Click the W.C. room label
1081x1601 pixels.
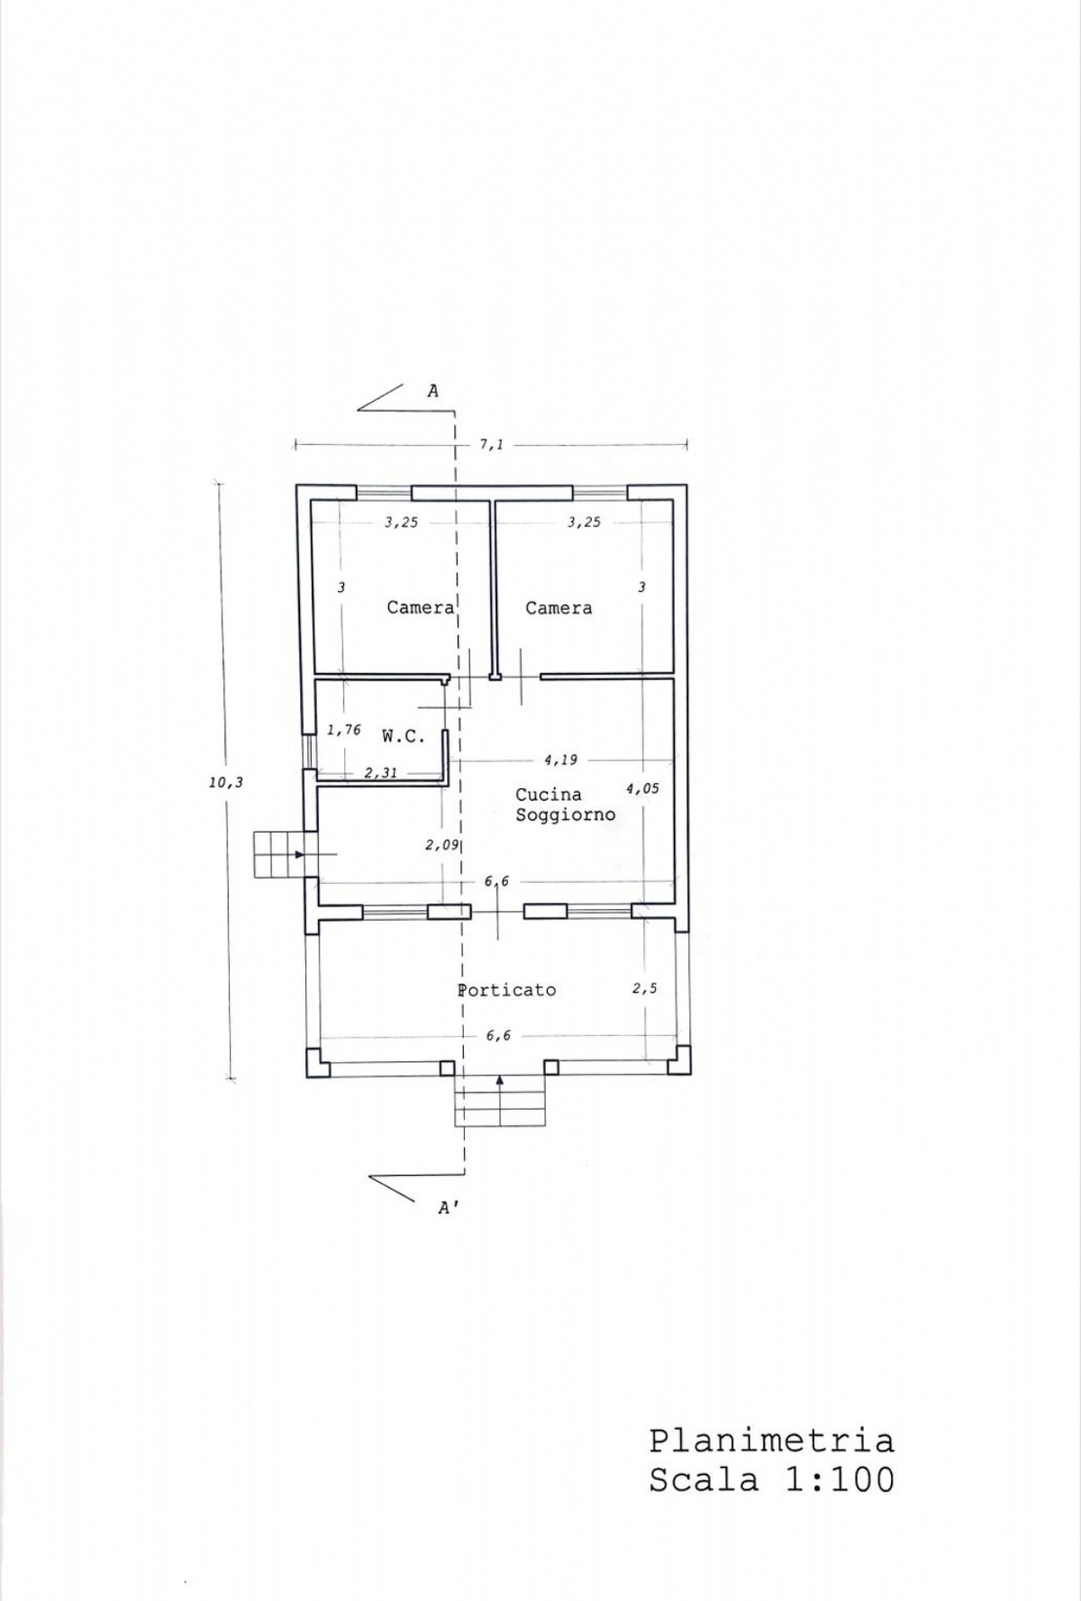tap(403, 736)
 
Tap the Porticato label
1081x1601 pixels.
tap(507, 989)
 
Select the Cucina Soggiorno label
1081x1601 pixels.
tap(565, 805)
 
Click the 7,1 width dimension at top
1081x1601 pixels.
tap(491, 444)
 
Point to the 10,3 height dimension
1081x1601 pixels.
tap(226, 783)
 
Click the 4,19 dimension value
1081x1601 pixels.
tap(560, 760)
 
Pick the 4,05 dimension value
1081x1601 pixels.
tap(642, 788)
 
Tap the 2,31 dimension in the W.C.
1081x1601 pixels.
tap(380, 772)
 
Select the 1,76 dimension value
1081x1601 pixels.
tap(343, 730)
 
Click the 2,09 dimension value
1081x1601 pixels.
tap(441, 845)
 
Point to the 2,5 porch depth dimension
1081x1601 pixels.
tap(644, 988)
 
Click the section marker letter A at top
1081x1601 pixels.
tap(433, 391)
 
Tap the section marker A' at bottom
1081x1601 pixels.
tap(448, 1208)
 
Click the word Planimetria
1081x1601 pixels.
tap(772, 1441)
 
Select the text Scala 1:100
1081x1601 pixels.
tap(772, 1480)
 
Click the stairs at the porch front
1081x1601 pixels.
tap(500, 1101)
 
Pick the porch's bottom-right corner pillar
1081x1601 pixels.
tap(679, 1060)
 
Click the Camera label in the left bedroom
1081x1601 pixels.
tap(421, 608)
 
